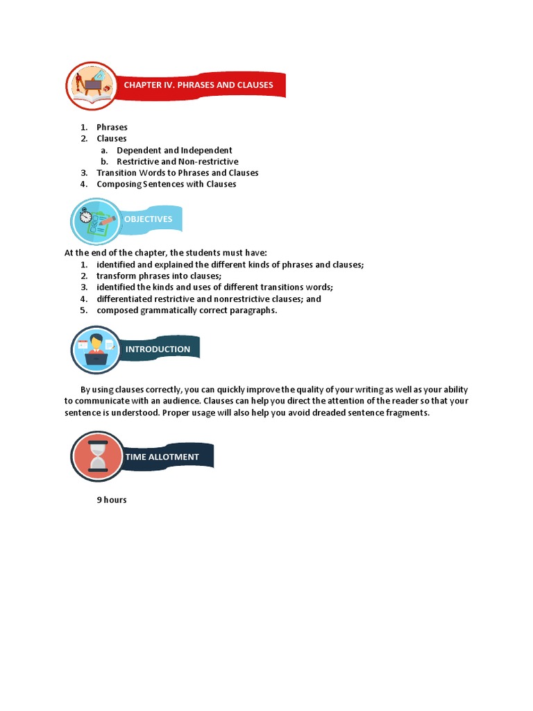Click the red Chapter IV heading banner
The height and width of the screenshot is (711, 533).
(x=199, y=85)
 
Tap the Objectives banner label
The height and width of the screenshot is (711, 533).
(x=148, y=219)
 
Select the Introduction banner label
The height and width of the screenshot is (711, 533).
(x=158, y=349)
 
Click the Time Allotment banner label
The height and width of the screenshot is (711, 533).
(x=162, y=457)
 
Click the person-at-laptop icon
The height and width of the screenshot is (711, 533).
(x=96, y=349)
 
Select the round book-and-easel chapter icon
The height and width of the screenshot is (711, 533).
(x=91, y=85)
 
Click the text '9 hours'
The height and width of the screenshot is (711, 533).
(x=112, y=500)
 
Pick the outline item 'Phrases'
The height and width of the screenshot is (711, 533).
(x=112, y=127)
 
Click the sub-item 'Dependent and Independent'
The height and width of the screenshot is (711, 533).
(x=174, y=150)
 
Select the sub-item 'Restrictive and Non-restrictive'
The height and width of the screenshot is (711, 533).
(x=177, y=162)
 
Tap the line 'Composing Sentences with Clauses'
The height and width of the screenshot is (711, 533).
(x=167, y=184)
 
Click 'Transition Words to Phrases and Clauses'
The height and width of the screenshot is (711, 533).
(x=177, y=173)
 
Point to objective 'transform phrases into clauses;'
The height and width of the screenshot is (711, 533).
(x=159, y=276)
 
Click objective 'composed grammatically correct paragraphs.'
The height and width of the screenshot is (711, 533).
(x=187, y=310)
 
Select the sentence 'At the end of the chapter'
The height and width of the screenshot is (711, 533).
(x=166, y=253)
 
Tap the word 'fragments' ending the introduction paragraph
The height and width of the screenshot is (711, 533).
(x=408, y=412)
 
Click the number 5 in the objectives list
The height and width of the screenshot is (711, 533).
(x=83, y=310)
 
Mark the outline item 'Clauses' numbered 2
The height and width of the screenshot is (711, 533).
(x=112, y=138)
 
